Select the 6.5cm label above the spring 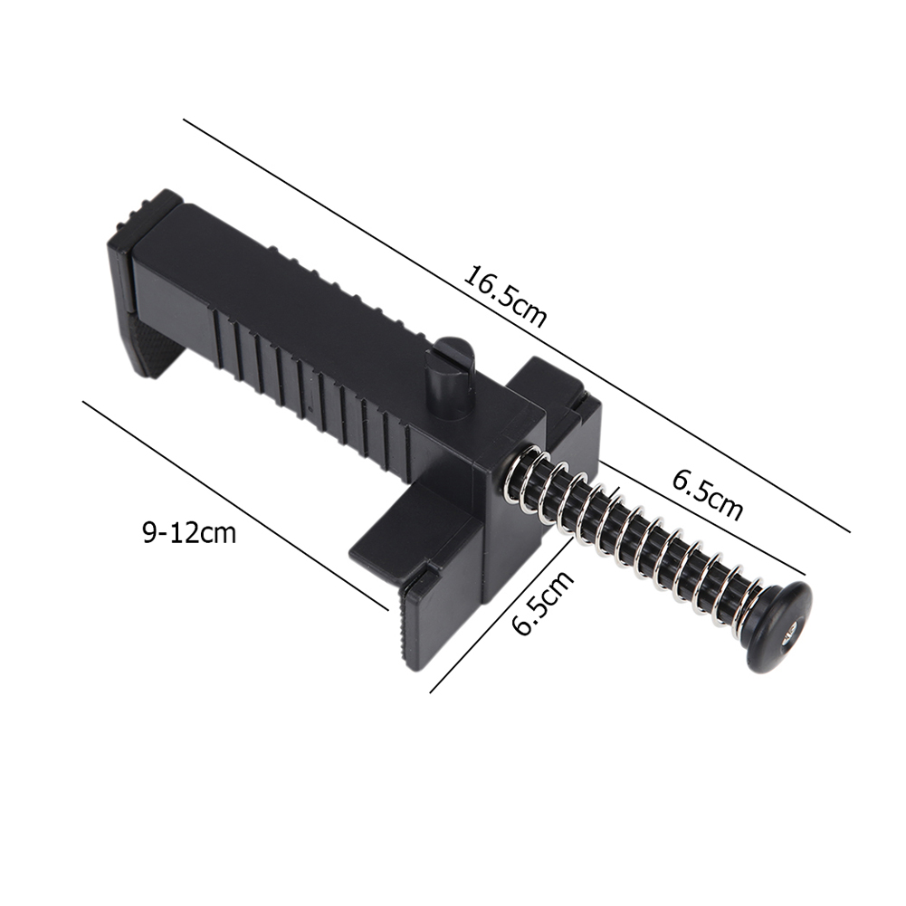point(707,494)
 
